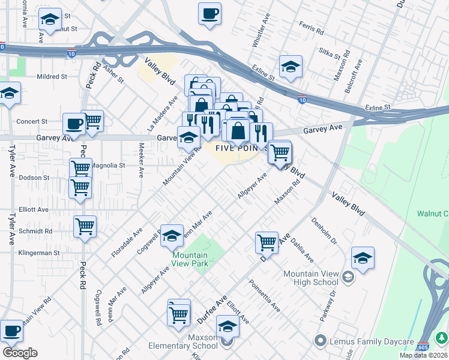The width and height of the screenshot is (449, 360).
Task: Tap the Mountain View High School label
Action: coord(310,278)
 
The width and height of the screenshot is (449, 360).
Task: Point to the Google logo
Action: coord(20,353)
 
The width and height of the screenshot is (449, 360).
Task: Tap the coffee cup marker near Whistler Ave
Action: coord(210,14)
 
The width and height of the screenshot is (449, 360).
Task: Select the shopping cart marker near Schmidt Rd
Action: coord(85,227)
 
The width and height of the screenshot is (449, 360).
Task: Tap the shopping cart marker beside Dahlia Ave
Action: coord(267,243)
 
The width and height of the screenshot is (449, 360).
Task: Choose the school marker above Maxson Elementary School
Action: coord(228,326)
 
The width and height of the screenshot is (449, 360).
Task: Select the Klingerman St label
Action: coord(39,253)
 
